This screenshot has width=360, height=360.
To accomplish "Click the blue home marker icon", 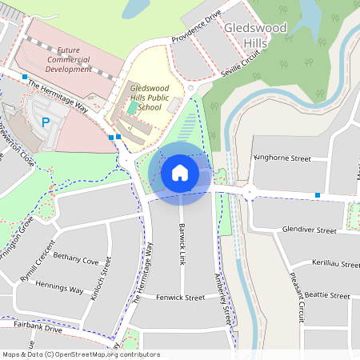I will (180, 172).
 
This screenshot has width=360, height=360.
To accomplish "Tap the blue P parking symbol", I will (46, 122).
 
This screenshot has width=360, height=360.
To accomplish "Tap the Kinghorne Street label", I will (282, 158).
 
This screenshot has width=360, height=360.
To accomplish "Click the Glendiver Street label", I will (309, 230).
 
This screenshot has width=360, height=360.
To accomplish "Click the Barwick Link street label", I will (183, 232).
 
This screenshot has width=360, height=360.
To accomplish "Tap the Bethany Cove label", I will (76, 261).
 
